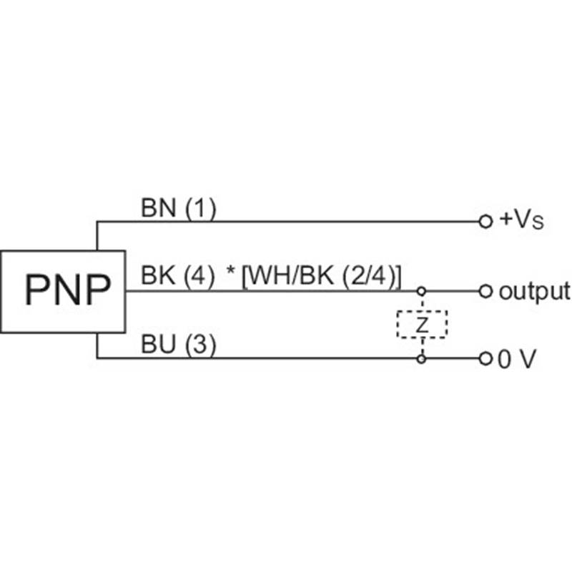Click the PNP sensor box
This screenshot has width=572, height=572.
point(63,291)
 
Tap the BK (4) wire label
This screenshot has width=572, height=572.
point(177,275)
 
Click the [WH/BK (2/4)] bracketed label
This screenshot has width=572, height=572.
point(322,275)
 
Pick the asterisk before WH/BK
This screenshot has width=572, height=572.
point(231,274)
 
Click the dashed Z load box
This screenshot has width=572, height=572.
point(422,325)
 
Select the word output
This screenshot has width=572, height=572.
point(533,291)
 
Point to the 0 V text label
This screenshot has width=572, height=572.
point(516,360)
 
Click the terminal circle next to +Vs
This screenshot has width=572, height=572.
point(485,222)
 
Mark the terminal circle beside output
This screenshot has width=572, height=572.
point(485,291)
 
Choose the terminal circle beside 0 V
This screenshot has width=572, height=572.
point(485,358)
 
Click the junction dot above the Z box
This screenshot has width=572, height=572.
point(422,291)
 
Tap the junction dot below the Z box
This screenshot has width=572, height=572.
point(422,358)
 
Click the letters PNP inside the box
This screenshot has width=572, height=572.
point(68,291)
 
